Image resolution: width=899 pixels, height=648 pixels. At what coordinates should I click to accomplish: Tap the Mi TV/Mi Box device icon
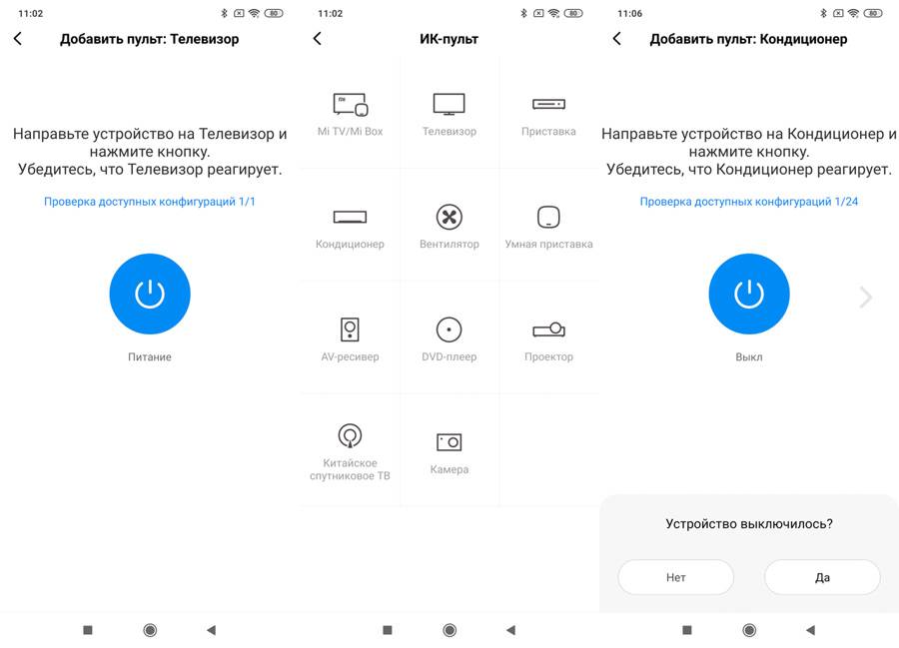[x=351, y=104]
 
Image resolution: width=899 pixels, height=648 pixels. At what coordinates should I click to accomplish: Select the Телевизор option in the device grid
[x=449, y=104]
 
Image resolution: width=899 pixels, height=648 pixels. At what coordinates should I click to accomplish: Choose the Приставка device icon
[x=548, y=104]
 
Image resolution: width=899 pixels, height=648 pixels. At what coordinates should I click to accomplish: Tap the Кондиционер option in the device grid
[x=350, y=217]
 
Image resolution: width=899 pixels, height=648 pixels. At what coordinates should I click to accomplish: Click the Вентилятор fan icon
[x=449, y=217]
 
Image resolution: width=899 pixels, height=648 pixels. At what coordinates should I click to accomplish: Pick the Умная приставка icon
[x=548, y=217]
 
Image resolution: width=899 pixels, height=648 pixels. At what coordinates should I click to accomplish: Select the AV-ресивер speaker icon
[x=350, y=329]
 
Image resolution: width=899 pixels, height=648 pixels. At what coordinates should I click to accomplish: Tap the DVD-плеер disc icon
[x=449, y=329]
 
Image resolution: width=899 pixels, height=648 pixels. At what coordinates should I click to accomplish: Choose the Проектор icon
[x=548, y=329]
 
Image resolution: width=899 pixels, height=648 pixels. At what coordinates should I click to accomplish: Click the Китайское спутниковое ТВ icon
[x=350, y=435]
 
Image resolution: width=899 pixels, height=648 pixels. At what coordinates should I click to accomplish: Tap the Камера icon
[x=449, y=441]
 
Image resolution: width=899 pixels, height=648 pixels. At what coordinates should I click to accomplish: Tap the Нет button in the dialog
[x=676, y=577]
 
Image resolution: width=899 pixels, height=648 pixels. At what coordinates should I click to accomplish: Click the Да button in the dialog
[x=822, y=577]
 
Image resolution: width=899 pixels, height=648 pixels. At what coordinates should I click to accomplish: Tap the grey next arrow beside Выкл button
[x=866, y=297]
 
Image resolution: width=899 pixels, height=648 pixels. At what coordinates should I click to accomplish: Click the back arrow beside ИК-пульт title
[x=317, y=38]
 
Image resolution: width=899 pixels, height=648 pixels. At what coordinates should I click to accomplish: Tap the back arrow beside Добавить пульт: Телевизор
[x=18, y=38]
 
